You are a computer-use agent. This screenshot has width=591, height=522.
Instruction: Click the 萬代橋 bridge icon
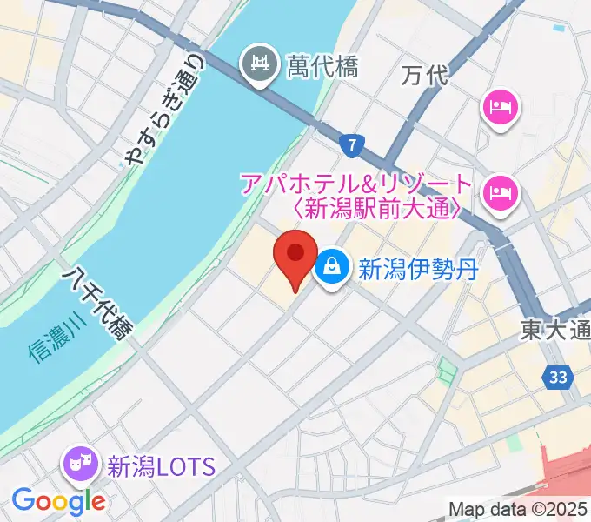coord(259,63)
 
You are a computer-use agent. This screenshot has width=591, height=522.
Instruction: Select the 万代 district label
coord(426,76)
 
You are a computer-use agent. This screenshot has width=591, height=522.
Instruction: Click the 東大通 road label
coord(556,331)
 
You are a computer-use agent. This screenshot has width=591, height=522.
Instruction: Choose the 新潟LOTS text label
coord(160,466)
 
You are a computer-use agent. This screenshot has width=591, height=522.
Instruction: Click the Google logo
coord(58,500)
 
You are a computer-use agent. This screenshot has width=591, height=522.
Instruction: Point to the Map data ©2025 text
coord(519,510)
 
